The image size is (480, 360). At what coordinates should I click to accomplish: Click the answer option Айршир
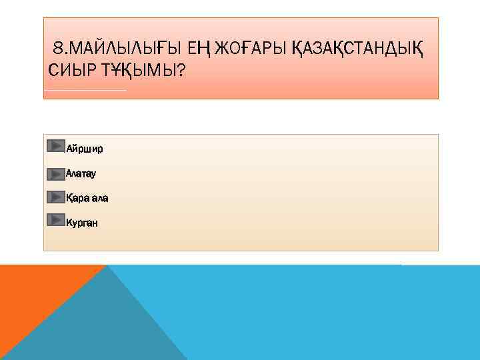coord(84,147)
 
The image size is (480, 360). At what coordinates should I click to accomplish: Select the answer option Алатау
coord(81,173)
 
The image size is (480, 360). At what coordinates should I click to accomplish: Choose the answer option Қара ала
coord(87,198)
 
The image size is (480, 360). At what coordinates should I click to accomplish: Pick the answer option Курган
coord(81,223)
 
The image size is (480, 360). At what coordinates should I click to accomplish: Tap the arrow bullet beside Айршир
coord(56,146)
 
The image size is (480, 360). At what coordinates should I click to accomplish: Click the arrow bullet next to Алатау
coord(56,174)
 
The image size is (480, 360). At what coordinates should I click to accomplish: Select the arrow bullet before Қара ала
coord(56,197)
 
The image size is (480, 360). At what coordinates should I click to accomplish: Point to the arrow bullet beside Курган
coord(56,219)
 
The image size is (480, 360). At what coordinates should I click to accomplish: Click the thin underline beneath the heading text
coord(85,90)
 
